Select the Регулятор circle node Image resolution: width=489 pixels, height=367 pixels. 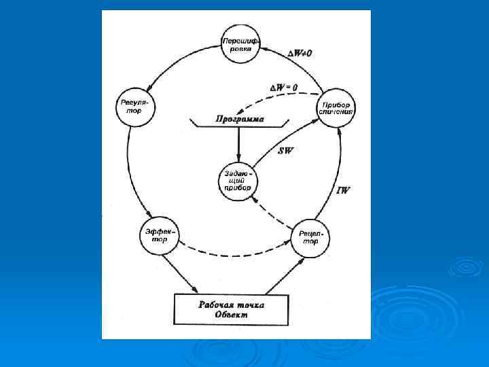[x=133, y=106]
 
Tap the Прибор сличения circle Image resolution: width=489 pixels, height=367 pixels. [x=337, y=107]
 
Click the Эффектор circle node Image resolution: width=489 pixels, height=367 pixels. [x=158, y=235]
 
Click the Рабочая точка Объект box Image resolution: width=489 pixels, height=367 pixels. [x=231, y=309]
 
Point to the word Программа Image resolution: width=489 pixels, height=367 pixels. [x=240, y=119]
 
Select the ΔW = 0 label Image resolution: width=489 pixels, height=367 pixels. [x=285, y=87]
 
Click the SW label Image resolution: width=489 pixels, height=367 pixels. [x=286, y=150]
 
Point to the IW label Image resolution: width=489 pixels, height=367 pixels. [x=344, y=190]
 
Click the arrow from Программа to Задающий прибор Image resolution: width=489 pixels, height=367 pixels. [x=238, y=144]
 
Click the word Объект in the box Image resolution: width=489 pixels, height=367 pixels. [x=231, y=315]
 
